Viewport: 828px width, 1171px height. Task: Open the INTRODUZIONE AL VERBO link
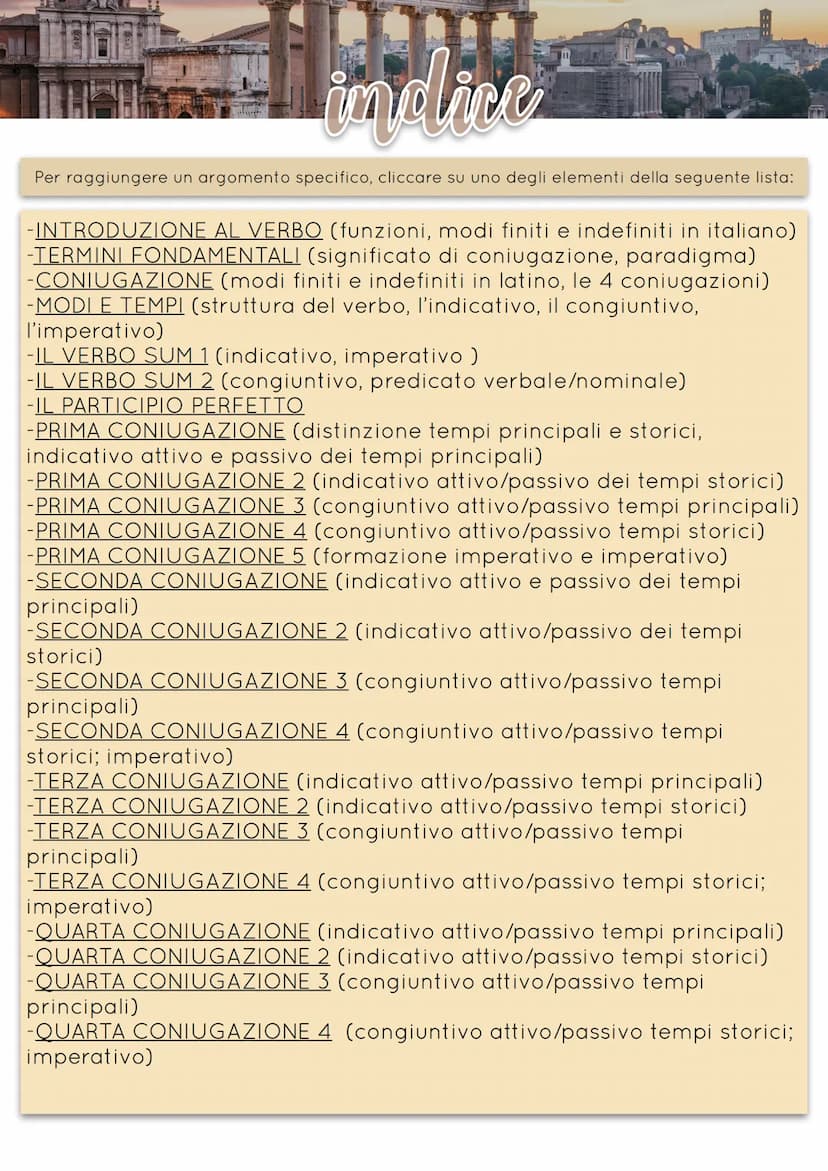(x=179, y=231)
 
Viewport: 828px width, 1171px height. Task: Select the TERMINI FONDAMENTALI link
(x=167, y=256)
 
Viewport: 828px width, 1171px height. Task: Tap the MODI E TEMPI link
(x=109, y=306)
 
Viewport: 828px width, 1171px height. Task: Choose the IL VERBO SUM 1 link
(x=122, y=356)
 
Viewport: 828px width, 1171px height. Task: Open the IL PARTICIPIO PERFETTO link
(x=169, y=406)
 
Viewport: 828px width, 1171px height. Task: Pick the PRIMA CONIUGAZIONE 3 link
(x=170, y=506)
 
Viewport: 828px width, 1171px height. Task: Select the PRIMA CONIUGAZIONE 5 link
(x=170, y=556)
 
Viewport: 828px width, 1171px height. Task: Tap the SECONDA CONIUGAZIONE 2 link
(x=191, y=632)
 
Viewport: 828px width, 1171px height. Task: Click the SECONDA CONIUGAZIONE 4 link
(x=192, y=732)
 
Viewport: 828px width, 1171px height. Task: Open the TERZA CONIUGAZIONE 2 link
(x=171, y=807)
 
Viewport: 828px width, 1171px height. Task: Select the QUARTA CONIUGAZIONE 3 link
(x=182, y=982)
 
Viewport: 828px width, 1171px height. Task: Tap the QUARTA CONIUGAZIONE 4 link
(x=183, y=1032)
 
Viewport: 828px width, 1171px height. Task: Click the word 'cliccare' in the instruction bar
(x=409, y=178)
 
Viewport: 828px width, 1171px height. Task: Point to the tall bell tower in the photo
(x=765, y=25)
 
